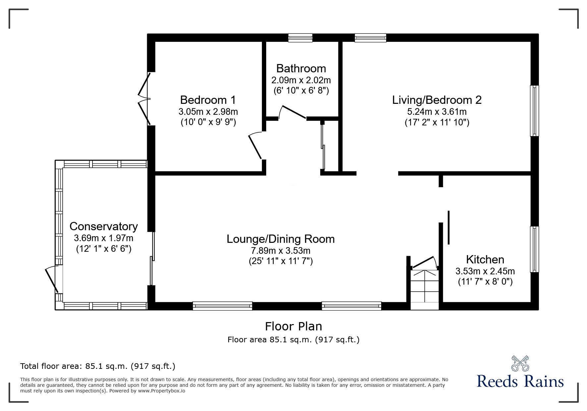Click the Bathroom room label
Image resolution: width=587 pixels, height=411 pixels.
click(x=301, y=68)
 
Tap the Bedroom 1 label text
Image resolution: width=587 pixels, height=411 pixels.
click(x=208, y=100)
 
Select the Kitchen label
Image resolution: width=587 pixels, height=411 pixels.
click(x=485, y=259)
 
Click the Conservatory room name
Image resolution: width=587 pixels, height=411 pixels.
click(x=103, y=226)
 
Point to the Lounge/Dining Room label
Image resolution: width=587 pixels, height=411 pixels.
click(x=280, y=239)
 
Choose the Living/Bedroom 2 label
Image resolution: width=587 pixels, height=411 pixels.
click(x=437, y=100)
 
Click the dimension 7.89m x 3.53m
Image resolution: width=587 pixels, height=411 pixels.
click(x=280, y=250)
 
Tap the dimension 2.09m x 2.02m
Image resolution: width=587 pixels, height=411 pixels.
click(x=301, y=80)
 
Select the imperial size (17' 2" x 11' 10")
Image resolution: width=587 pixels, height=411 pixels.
click(x=437, y=122)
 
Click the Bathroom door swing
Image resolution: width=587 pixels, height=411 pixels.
click(x=292, y=112)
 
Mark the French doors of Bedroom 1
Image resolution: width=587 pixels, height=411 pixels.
click(x=145, y=99)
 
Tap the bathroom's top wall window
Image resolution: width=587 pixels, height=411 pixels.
click(x=300, y=38)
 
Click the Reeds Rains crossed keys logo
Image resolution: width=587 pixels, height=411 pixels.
click(x=520, y=364)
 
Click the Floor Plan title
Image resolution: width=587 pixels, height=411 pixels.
click(x=293, y=326)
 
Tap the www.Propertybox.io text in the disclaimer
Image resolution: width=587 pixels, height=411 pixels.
click(x=161, y=391)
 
